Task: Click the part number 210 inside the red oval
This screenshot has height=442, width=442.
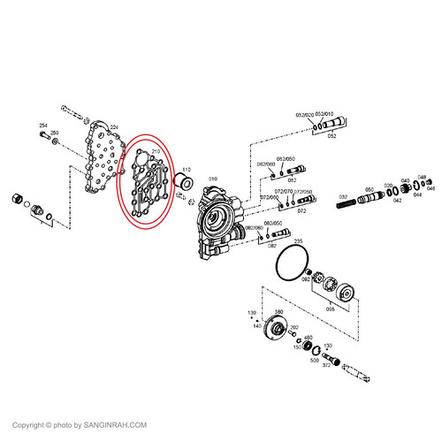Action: [x=156, y=152]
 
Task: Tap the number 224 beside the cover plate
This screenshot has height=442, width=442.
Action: [x=113, y=128]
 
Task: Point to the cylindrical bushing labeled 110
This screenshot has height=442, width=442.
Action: [x=185, y=184]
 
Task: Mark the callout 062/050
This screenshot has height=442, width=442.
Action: [x=286, y=158]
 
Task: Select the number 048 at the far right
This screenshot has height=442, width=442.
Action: [x=422, y=178]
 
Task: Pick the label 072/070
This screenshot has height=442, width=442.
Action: [x=284, y=191]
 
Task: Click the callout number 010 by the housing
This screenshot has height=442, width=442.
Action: [x=212, y=179]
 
